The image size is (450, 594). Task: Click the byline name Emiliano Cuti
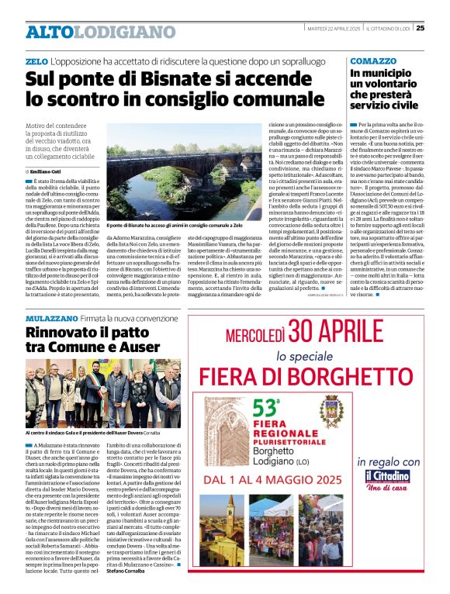pos(47,171)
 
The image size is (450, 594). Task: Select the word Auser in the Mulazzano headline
pos(137,347)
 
